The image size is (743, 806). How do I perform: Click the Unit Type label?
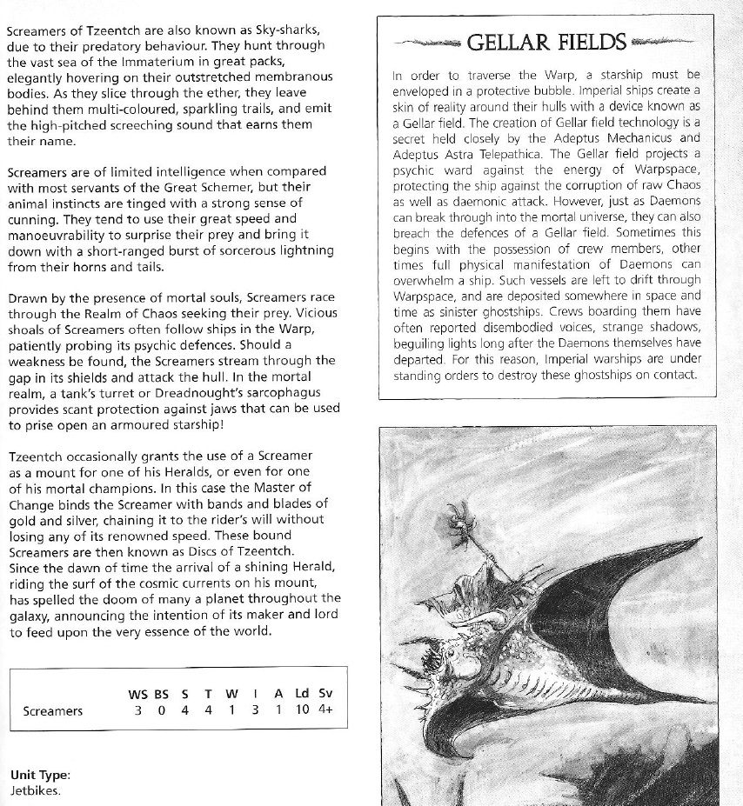pos(40,776)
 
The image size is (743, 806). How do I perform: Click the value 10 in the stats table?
pos(302,711)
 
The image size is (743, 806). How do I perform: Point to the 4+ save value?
pos(325,711)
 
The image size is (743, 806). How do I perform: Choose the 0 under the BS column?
pos(161,711)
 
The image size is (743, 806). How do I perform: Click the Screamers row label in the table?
pos(53,711)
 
